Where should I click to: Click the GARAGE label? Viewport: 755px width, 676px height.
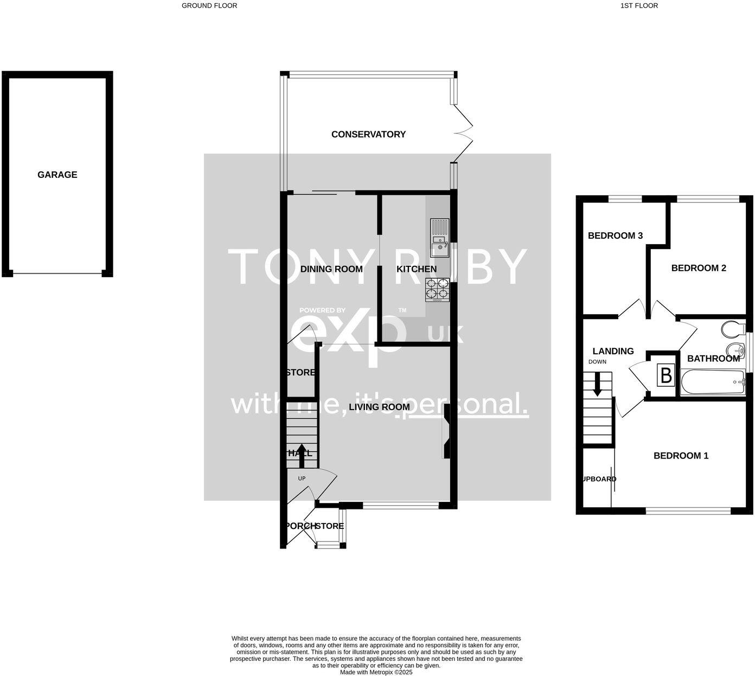[57, 175]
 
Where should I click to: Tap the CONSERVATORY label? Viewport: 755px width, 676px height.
[368, 135]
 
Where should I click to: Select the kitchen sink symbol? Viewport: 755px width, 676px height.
[439, 238]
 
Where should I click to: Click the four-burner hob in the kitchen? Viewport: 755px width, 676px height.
[438, 289]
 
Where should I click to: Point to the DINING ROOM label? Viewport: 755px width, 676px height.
[331, 269]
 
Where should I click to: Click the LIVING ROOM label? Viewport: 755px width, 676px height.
[379, 407]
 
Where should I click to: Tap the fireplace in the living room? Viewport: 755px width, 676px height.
[446, 431]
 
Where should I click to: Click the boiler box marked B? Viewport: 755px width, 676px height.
[666, 375]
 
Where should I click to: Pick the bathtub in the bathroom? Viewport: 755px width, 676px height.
[713, 382]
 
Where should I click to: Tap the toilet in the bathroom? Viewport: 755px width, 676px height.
[733, 328]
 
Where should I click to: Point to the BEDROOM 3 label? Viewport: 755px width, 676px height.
[615, 235]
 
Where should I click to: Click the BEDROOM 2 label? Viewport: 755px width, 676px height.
[698, 268]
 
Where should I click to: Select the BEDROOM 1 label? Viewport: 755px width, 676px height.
[681, 456]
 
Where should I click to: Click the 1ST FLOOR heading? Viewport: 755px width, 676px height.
[639, 5]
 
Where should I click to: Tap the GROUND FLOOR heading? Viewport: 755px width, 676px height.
[209, 5]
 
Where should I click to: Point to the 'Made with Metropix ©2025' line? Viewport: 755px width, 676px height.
[376, 672]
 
